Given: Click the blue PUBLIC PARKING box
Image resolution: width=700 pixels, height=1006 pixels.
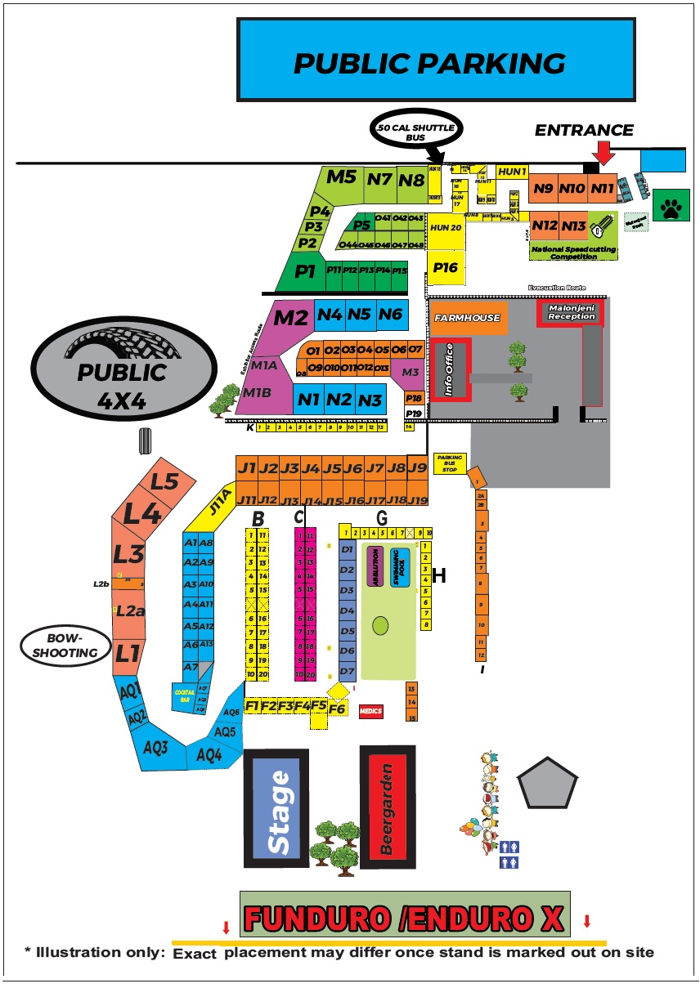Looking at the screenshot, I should [x=435, y=60].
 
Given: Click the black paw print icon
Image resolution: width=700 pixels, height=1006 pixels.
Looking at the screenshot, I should [x=672, y=209].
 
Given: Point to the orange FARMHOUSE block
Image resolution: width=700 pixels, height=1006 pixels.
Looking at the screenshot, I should [x=467, y=318].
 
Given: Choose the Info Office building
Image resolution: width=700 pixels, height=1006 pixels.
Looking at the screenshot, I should [x=451, y=369].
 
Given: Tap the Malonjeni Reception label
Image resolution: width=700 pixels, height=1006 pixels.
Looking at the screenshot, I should [x=571, y=313].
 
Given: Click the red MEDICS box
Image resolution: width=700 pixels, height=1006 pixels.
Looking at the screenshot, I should [x=370, y=712].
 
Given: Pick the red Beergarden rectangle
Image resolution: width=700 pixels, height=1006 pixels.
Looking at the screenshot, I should [x=388, y=807].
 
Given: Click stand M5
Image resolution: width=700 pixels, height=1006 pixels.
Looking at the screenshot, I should [x=341, y=177].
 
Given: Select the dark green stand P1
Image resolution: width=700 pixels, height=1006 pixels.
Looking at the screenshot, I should [x=305, y=271].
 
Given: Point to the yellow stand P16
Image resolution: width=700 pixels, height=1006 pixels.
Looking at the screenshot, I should [x=446, y=267].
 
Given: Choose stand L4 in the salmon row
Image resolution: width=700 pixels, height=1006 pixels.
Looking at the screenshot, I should [x=141, y=514].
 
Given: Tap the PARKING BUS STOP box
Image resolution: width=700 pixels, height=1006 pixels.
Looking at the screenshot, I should [x=450, y=463].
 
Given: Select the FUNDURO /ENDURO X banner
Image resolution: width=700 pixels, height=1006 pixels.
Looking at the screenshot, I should [x=405, y=917].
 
